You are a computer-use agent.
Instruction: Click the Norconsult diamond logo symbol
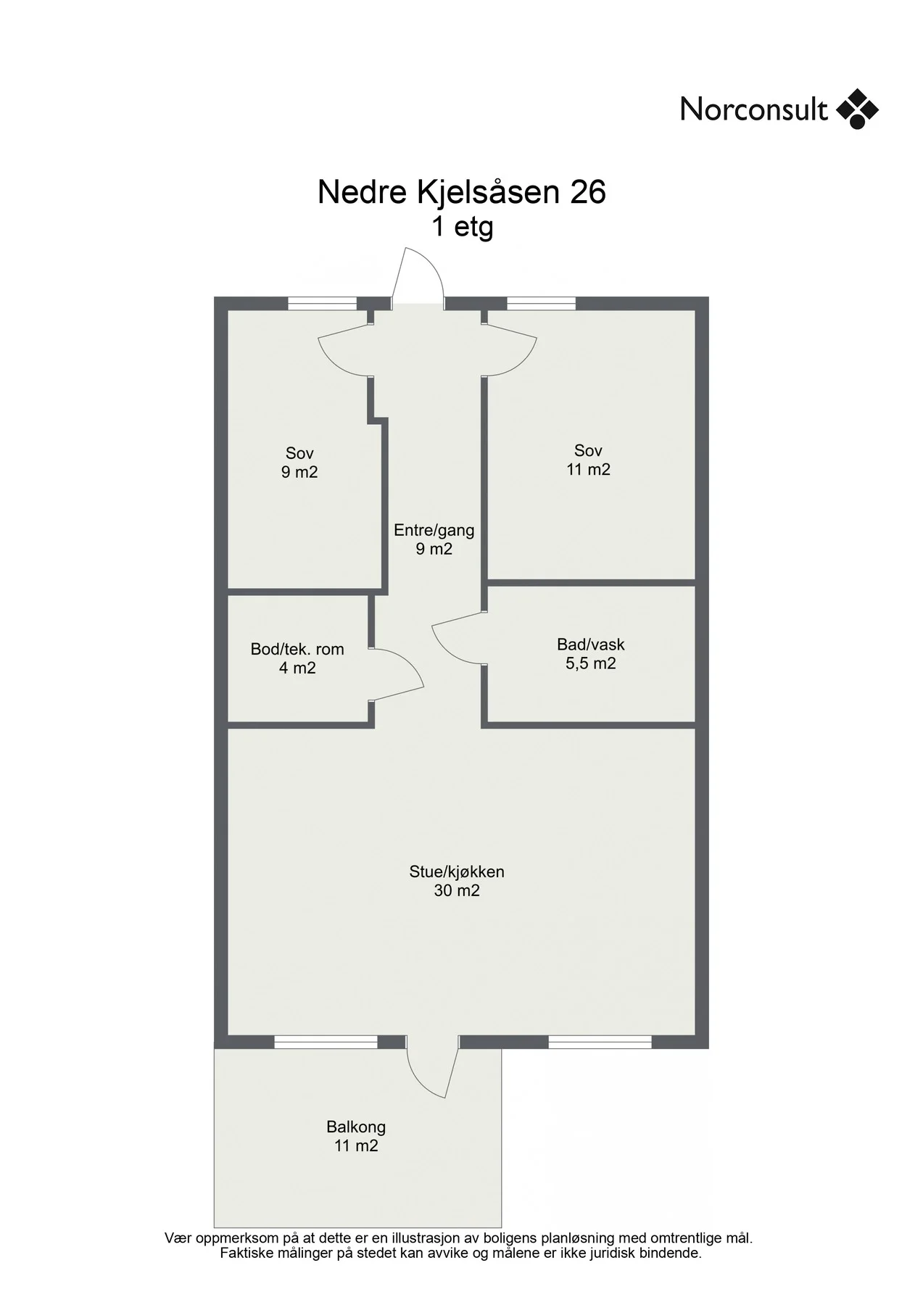pyautogui.click(x=857, y=109)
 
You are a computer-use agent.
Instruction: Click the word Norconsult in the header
pyautogui.click(x=753, y=109)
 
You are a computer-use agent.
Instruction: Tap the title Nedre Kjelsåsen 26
pyautogui.click(x=461, y=192)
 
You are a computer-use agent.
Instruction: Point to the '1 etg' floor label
pyautogui.click(x=463, y=227)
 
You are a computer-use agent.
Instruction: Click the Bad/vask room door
pyautogui.click(x=458, y=637)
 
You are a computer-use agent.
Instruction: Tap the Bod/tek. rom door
pyautogui.click(x=396, y=675)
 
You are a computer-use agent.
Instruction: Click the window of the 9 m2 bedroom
pyautogui.click(x=323, y=304)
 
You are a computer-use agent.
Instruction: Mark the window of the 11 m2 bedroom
pyautogui.click(x=541, y=304)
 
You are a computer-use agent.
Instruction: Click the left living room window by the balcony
pyautogui.click(x=326, y=1042)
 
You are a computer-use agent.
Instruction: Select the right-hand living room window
pyautogui.click(x=600, y=1042)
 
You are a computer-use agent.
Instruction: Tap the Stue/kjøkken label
pyautogui.click(x=457, y=871)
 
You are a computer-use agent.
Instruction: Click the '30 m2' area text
pyautogui.click(x=457, y=890)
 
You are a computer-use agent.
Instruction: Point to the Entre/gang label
pyautogui.click(x=434, y=530)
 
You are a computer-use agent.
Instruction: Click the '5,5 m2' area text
pyautogui.click(x=591, y=663)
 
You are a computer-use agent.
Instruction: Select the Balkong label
pyautogui.click(x=356, y=1127)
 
